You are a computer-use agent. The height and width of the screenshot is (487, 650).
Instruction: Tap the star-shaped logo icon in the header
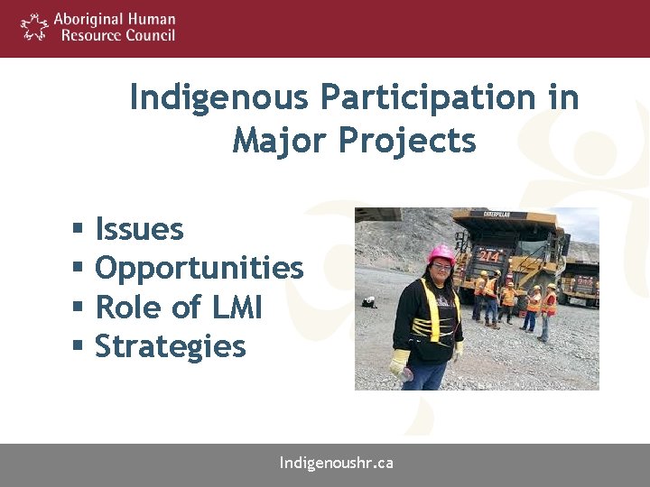click(x=34, y=27)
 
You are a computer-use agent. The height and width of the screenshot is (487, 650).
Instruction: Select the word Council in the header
click(x=148, y=35)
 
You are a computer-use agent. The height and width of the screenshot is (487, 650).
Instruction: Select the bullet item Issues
click(x=139, y=230)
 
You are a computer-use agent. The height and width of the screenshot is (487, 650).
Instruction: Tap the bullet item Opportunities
click(x=199, y=269)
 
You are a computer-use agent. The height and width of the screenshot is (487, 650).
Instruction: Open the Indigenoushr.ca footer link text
click(x=336, y=464)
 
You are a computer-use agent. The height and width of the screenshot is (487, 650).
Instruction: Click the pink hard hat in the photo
click(x=441, y=253)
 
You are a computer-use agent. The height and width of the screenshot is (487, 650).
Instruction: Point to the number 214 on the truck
click(x=489, y=255)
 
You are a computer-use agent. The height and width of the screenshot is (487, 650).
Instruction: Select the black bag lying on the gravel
click(x=368, y=303)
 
